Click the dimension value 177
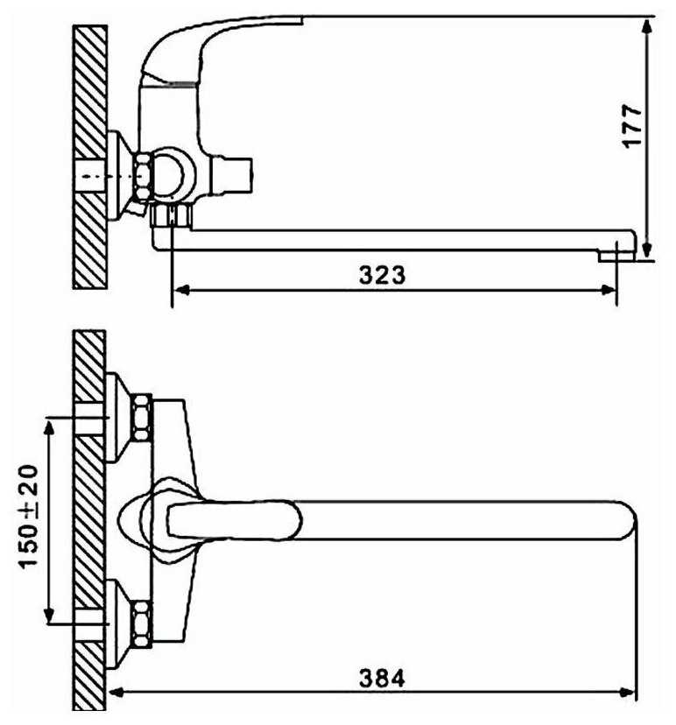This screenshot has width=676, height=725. [x=631, y=126]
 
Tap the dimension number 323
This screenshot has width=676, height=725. [x=382, y=275]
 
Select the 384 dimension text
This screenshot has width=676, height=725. [x=382, y=679]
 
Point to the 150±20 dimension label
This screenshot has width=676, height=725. [x=28, y=517]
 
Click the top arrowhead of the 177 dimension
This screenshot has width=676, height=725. [x=647, y=26]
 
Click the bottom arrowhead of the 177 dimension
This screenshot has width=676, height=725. [x=647, y=250]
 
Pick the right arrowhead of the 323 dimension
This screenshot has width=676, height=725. [x=608, y=291]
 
